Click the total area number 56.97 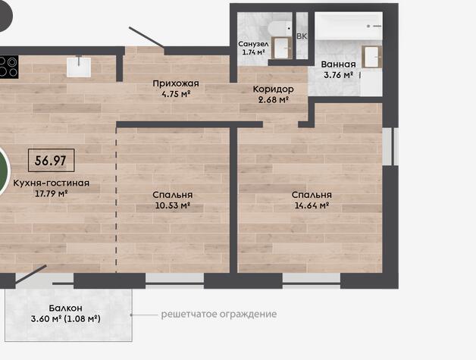(x=50, y=160)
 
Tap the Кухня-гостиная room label (x=52, y=183)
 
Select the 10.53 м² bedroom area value (x=173, y=205)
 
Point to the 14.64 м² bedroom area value (x=312, y=205)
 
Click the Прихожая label (x=176, y=83)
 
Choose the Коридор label (x=273, y=89)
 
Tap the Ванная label (x=338, y=64)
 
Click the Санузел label (x=253, y=44)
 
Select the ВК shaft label (x=302, y=36)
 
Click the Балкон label (x=66, y=308)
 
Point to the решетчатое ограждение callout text (x=219, y=314)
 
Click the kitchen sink (x=79, y=66)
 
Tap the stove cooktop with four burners (x=8, y=67)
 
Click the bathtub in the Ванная (x=349, y=26)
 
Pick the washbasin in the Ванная (x=372, y=57)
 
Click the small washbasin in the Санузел (x=282, y=48)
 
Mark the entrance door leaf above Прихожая (x=146, y=37)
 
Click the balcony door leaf (x=30, y=274)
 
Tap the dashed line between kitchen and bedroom (x=116, y=200)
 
